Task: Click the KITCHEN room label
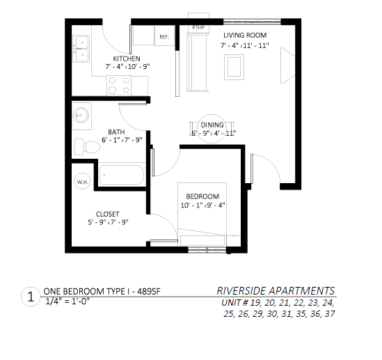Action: point(127,58)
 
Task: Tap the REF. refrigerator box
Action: point(165,36)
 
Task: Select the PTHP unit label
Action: point(199,28)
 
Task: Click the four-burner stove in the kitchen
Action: point(118,85)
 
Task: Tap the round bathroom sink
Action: point(81,114)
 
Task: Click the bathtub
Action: point(122,175)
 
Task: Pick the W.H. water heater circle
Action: point(81,182)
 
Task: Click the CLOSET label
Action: point(107,214)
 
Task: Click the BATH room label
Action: point(116,131)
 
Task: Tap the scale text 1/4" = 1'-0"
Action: point(67,302)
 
